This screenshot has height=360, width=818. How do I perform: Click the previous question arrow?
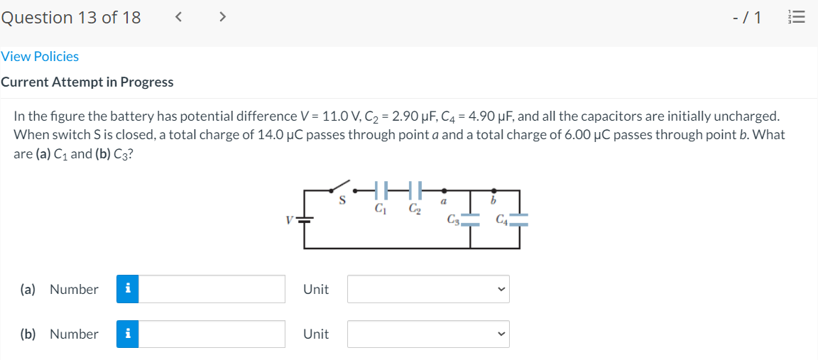click(180, 17)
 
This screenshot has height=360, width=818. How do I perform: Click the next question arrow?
click(222, 17)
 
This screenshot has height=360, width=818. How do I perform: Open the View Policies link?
click(40, 56)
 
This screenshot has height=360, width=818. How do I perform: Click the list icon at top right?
click(799, 18)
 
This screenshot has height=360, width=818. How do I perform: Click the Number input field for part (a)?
click(212, 289)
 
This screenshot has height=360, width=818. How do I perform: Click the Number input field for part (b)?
click(212, 334)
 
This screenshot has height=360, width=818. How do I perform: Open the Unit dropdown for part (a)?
click(428, 289)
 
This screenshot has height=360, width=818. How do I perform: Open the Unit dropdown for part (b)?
click(428, 334)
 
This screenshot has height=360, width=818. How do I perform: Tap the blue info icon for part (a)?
click(127, 289)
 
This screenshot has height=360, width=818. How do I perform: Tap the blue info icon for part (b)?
click(127, 334)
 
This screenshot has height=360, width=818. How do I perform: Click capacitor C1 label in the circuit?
click(381, 209)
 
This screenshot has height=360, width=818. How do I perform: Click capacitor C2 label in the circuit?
click(414, 209)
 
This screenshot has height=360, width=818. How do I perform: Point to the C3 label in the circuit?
click(452, 219)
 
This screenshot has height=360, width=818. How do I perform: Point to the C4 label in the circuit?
click(502, 219)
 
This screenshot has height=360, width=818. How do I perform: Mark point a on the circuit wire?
click(445, 190)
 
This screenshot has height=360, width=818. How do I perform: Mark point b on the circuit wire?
click(494, 190)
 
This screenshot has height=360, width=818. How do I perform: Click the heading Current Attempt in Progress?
click(87, 82)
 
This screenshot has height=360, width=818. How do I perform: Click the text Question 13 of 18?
click(70, 17)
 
